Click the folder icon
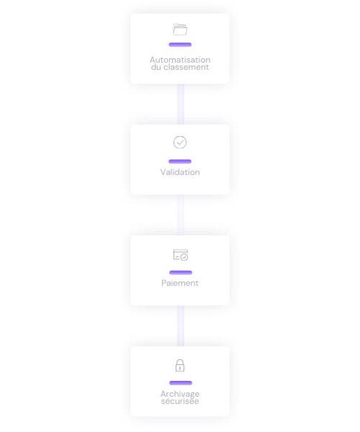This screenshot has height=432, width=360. (180, 30)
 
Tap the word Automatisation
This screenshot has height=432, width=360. (180, 60)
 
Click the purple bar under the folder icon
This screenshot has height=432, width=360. (180, 45)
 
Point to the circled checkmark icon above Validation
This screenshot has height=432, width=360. (180, 143)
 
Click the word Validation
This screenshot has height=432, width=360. (180, 172)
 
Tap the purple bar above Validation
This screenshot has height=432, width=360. (180, 161)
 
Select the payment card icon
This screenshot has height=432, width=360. (181, 255)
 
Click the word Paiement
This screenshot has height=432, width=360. (180, 283)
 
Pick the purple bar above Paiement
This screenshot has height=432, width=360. (181, 273)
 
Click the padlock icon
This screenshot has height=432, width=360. (180, 365)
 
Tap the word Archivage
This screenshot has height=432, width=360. (180, 394)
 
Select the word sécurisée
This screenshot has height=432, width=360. (180, 401)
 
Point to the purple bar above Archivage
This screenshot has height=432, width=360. (181, 383)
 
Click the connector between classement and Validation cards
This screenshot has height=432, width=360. (181, 104)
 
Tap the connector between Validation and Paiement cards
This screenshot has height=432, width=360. (181, 215)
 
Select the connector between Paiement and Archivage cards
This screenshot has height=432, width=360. (181, 326)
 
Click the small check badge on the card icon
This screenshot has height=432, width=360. (184, 257)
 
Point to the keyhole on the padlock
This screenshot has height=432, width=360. (180, 367)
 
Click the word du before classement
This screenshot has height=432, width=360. (156, 67)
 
